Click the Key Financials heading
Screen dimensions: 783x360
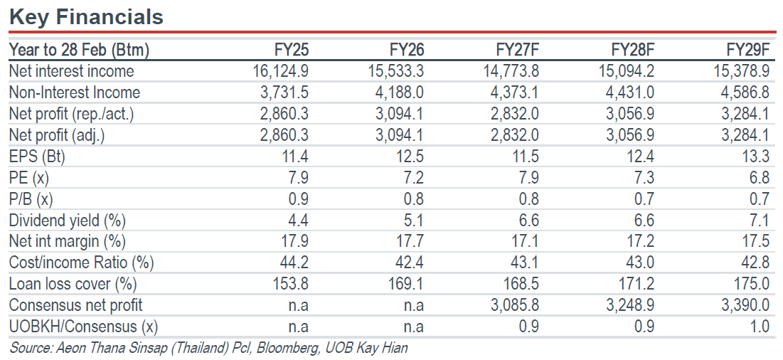86,17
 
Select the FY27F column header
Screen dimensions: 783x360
517,51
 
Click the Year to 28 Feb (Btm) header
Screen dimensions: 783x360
80,51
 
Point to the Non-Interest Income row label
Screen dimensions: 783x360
75,93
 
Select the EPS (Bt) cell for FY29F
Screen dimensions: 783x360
755,157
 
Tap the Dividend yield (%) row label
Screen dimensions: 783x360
68,221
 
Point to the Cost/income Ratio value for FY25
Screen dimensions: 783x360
294,263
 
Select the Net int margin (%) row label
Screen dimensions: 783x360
68,242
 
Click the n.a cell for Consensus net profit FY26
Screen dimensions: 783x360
413,306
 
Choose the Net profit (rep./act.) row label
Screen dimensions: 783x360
72,115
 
